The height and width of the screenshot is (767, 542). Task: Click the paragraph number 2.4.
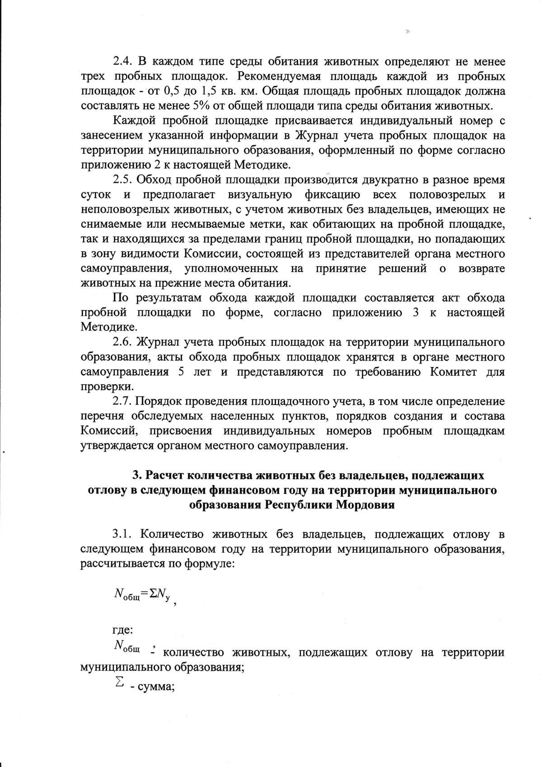122,61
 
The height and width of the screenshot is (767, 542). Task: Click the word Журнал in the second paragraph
312,136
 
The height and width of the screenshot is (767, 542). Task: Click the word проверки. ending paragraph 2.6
101,387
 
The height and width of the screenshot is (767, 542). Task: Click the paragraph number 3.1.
122,535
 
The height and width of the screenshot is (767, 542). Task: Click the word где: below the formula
122,629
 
